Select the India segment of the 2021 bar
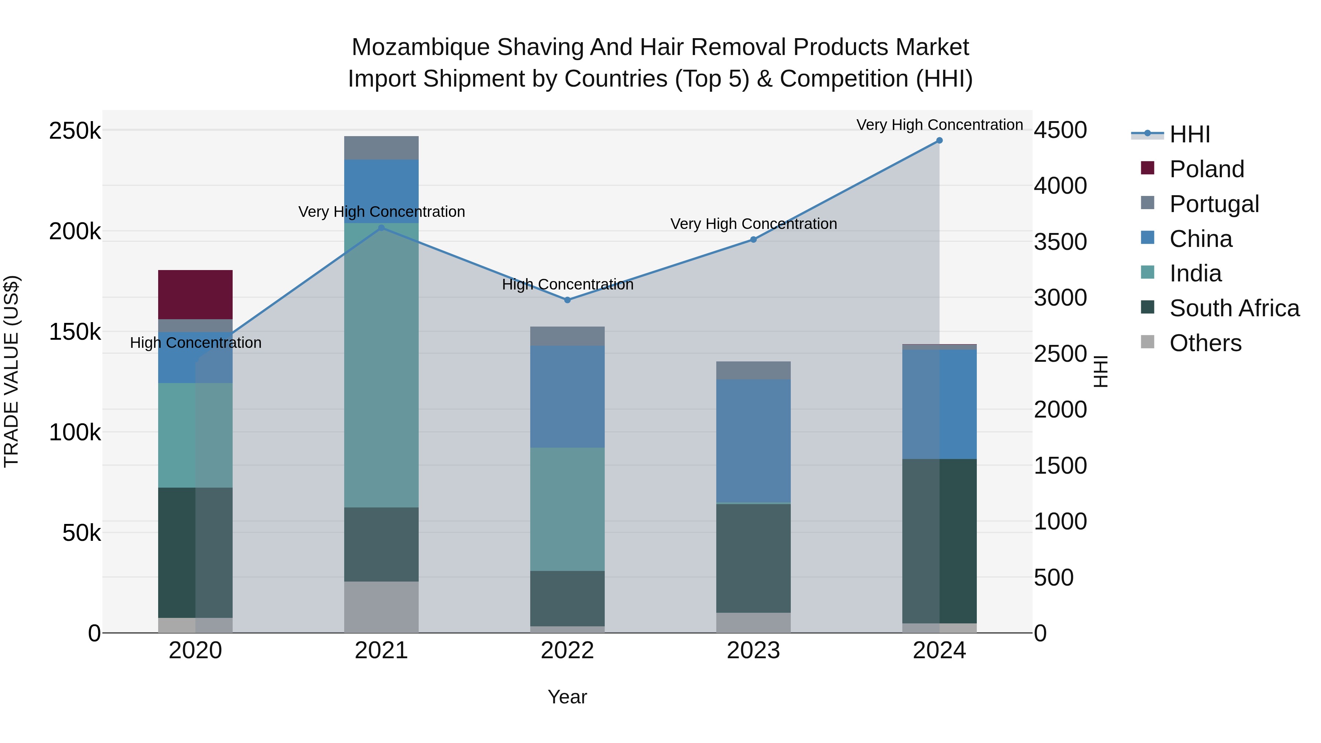tap(381, 365)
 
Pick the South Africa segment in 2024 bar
tap(939, 540)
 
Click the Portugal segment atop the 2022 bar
tap(567, 336)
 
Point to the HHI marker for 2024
tap(939, 141)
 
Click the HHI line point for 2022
tap(567, 300)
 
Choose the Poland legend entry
tap(1206, 169)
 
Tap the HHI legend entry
tap(1189, 134)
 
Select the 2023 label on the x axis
tap(753, 651)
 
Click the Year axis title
tap(567, 697)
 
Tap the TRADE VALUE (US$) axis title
tap(11, 371)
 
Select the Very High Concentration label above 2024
tap(939, 125)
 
